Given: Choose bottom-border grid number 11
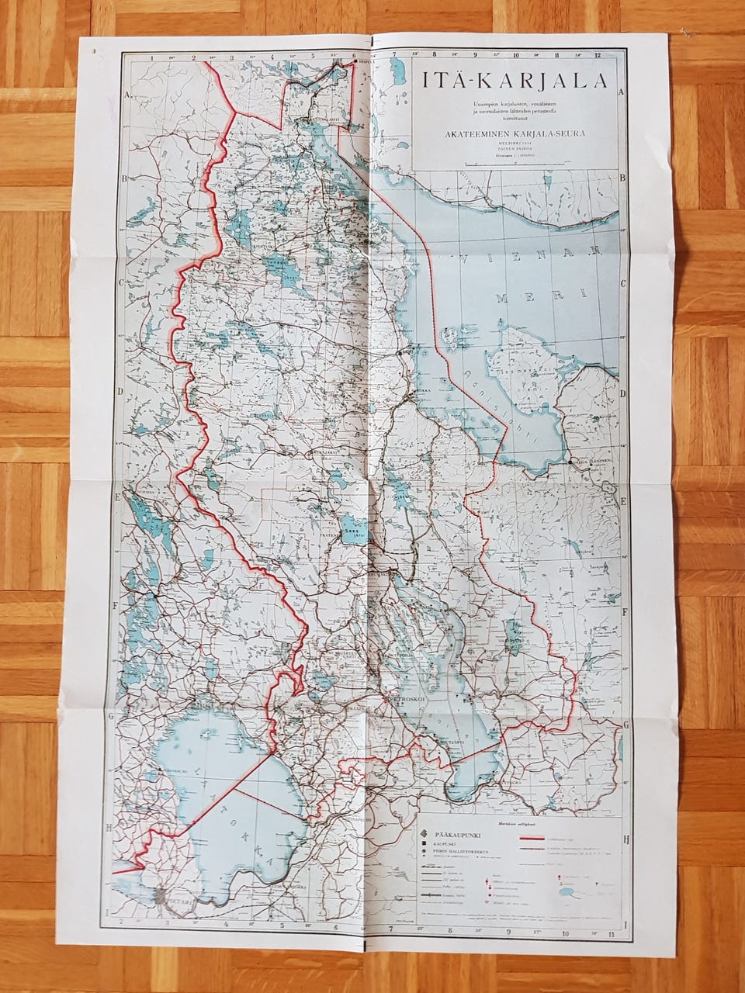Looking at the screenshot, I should [x=612, y=936].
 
